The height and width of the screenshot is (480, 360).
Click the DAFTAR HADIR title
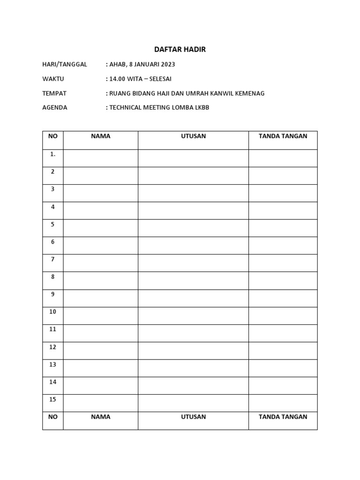pyautogui.click(x=180, y=49)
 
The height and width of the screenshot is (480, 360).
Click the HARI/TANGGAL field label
pyautogui.click(x=65, y=64)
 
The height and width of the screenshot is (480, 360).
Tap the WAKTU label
pyautogui.click(x=53, y=79)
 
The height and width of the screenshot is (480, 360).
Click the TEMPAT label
pyautogui.click(x=54, y=93)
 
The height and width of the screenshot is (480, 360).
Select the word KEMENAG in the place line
pyautogui.click(x=248, y=93)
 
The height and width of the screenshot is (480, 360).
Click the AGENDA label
pyautogui.click(x=55, y=107)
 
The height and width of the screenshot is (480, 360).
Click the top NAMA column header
pyautogui.click(x=101, y=136)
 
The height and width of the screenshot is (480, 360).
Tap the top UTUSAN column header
pyautogui.click(x=193, y=136)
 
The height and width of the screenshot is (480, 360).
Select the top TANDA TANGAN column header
pyautogui.click(x=283, y=136)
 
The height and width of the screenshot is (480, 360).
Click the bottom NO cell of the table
pyautogui.click(x=53, y=416)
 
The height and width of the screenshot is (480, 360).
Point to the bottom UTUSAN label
pyautogui.click(x=193, y=416)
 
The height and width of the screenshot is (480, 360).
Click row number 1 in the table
pyautogui.click(x=53, y=154)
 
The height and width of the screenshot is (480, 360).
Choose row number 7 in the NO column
pyautogui.click(x=53, y=259)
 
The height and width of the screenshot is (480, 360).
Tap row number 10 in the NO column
pyautogui.click(x=53, y=312)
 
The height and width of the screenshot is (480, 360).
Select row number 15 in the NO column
pyautogui.click(x=53, y=399)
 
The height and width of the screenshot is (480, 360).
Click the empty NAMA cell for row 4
pyautogui.click(x=101, y=210)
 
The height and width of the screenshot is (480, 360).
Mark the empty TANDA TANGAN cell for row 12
pyautogui.click(x=283, y=351)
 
